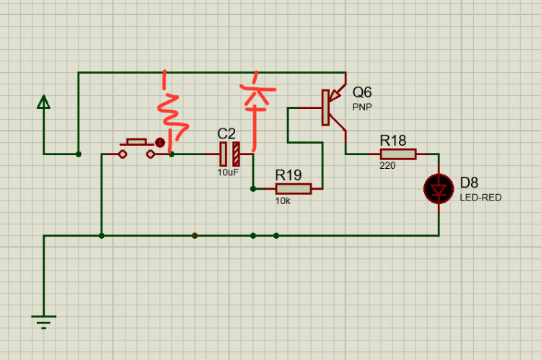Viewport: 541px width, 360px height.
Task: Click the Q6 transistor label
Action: pos(362,92)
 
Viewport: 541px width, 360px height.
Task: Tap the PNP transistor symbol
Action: pos(333,108)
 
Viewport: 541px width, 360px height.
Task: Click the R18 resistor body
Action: pos(398,154)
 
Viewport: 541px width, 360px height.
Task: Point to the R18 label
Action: pos(394,140)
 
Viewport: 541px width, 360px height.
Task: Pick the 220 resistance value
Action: pos(387,166)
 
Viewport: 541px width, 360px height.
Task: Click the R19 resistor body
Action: pos(293,189)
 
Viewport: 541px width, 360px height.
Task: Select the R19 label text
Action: pos(289,175)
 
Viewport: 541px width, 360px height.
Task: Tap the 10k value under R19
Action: pos(282,201)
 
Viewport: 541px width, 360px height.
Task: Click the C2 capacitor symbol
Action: pos(229,154)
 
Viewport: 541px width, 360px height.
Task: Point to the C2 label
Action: pos(226,134)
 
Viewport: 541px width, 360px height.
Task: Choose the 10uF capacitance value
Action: pos(228,172)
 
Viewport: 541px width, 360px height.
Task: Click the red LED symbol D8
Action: pos(439,189)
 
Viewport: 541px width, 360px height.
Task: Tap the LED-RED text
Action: pos(480,198)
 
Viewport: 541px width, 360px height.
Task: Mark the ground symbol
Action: pos(44,320)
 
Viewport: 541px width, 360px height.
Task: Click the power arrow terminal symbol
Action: pos(44,103)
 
